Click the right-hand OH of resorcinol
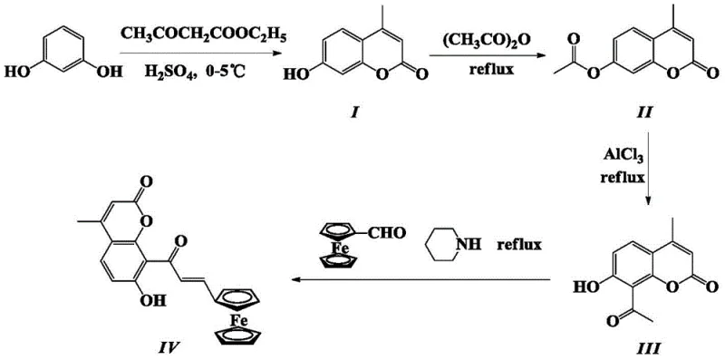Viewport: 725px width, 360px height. point(107,69)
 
